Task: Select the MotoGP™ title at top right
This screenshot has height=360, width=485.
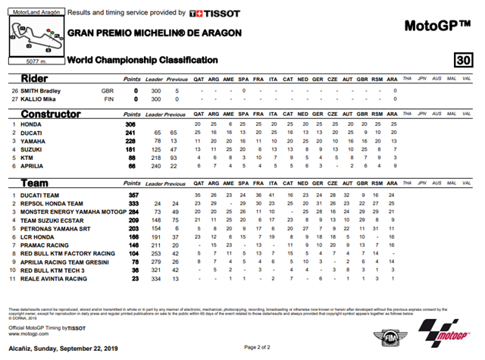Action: click(x=437, y=26)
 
